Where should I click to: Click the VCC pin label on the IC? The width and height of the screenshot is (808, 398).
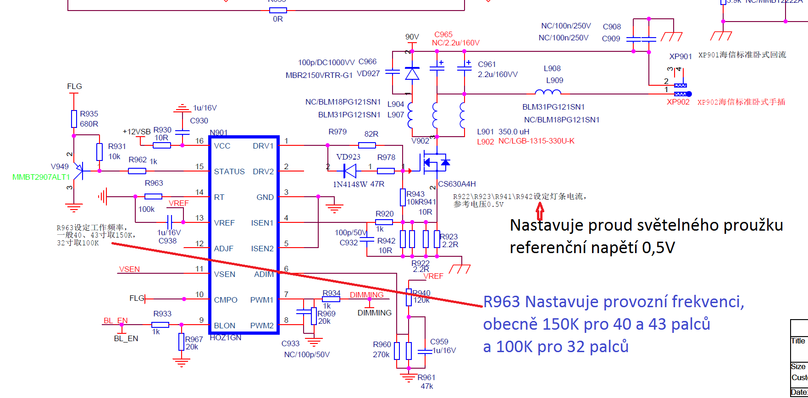(222, 146)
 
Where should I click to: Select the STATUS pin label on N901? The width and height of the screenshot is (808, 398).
(229, 172)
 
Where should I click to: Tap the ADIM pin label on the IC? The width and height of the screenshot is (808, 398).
(264, 275)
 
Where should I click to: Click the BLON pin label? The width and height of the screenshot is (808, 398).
(224, 326)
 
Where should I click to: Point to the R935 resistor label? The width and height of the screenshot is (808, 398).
(89, 114)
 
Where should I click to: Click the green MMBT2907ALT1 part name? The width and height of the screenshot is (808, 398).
(41, 177)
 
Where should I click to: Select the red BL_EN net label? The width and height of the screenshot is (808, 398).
(116, 321)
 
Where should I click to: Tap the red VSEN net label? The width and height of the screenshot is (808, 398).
(129, 269)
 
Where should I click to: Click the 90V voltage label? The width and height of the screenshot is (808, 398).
(412, 37)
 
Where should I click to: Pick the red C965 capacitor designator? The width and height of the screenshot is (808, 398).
(443, 34)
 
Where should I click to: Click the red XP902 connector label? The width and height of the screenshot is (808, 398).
(678, 102)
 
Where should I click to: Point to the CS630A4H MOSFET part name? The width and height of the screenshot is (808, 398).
(457, 184)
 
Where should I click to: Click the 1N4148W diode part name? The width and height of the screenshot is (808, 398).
(350, 184)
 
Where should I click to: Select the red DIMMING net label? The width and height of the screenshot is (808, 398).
(366, 295)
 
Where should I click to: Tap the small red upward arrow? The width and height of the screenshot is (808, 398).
(540, 211)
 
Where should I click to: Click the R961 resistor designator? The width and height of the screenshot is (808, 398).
(426, 377)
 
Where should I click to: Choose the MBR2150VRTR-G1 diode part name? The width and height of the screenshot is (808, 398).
(319, 75)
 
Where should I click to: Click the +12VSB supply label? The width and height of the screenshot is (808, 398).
(137, 132)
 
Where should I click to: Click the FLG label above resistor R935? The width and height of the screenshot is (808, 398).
(74, 86)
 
